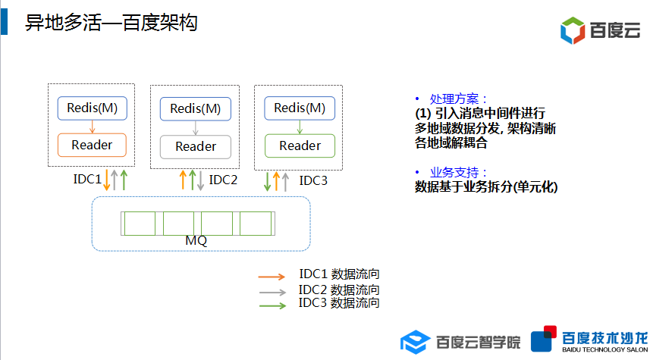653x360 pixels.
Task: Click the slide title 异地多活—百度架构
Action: (x=111, y=23)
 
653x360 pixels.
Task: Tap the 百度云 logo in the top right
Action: (x=600, y=30)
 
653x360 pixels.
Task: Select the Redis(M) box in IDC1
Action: (x=92, y=108)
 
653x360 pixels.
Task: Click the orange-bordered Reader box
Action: (x=92, y=145)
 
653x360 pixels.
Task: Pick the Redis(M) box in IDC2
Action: (x=195, y=108)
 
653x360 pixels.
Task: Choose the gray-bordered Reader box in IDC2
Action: (x=195, y=146)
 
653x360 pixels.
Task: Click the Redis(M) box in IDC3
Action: (x=300, y=108)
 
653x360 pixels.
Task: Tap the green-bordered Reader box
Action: (x=300, y=146)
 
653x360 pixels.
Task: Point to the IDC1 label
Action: (x=86, y=180)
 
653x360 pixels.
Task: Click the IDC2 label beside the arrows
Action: (x=223, y=180)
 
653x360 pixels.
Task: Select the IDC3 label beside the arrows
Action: (x=313, y=180)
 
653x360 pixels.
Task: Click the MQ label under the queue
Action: (x=196, y=240)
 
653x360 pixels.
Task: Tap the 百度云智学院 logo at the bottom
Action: (x=460, y=342)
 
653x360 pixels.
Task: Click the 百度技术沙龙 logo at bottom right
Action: (x=589, y=341)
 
